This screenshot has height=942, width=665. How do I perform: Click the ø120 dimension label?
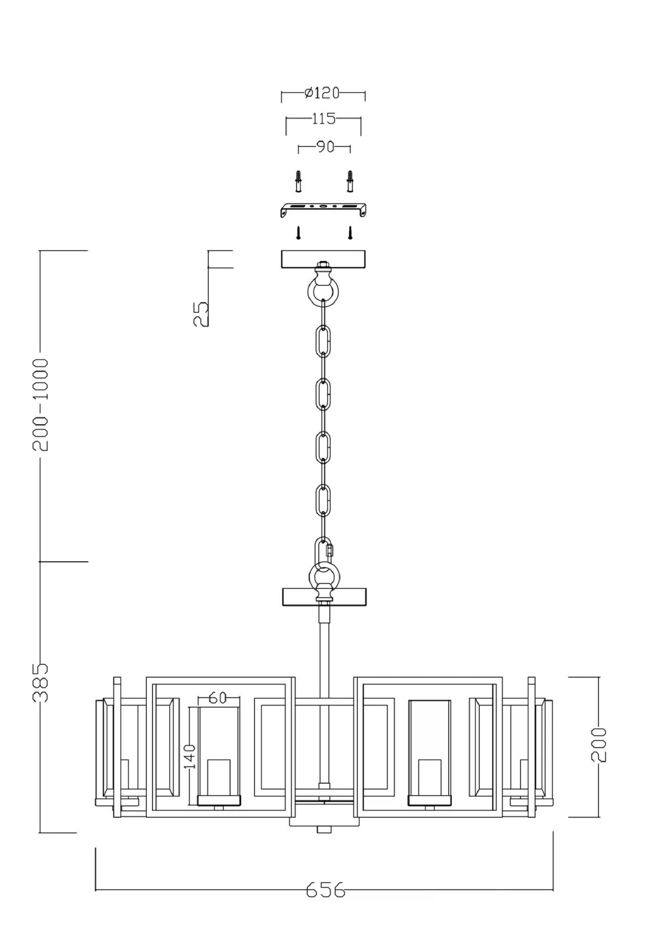pyautogui.click(x=322, y=93)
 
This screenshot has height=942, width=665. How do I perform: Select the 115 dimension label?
pyautogui.click(x=324, y=119)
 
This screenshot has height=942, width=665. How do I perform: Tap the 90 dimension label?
pyautogui.click(x=325, y=147)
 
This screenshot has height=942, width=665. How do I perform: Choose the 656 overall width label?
pyautogui.click(x=325, y=889)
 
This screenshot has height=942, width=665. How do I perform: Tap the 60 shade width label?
pyautogui.click(x=218, y=698)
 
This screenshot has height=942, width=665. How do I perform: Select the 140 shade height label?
pyautogui.click(x=189, y=757)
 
